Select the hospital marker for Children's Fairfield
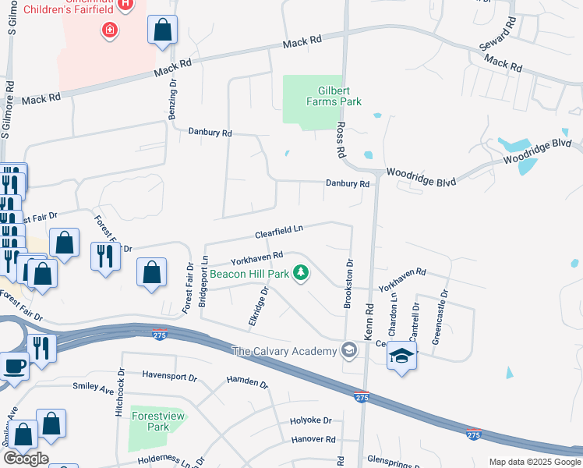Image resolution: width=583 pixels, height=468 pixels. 110,30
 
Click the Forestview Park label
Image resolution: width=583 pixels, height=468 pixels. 158,421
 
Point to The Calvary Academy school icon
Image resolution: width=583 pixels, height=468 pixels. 348,351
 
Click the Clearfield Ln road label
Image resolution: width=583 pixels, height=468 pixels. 278,232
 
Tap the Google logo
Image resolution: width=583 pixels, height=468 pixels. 26,458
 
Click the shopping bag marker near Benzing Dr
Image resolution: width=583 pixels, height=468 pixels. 163,31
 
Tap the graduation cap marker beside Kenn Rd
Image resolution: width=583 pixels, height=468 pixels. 401,356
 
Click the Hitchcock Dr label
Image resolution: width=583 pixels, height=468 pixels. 120,385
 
